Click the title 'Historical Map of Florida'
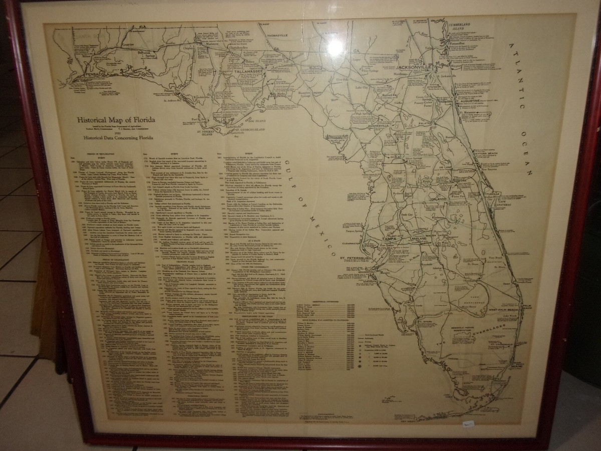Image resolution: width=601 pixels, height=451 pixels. pyautogui.click(x=115, y=120)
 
